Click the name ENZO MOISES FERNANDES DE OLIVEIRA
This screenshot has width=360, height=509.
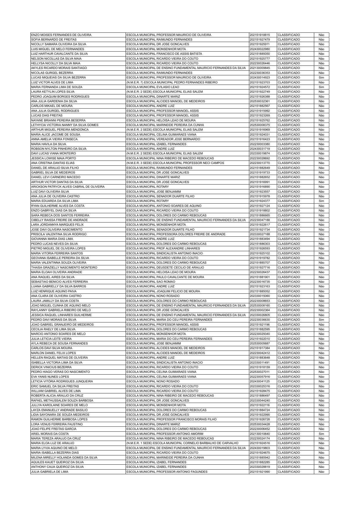(x=61, y=35)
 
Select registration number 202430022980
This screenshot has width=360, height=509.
(x=260, y=49)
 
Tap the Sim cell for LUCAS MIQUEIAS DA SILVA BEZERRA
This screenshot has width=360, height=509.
(x=321, y=78)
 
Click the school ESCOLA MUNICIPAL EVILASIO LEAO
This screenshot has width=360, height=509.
(x=153, y=87)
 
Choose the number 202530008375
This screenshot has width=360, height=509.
(x=260, y=125)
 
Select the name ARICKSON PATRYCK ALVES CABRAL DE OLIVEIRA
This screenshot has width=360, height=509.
(x=68, y=187)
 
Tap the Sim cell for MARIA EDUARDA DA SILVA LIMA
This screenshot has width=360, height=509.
(x=321, y=201)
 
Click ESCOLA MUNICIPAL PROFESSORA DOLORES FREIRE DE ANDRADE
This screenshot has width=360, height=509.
(x=176, y=234)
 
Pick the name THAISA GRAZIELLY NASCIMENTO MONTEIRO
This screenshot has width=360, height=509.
(x=64, y=267)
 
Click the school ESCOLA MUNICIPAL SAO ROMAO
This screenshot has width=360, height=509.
(x=151, y=282)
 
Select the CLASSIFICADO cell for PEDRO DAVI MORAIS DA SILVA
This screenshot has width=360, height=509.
(x=289, y=320)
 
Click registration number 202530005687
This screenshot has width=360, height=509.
(x=260, y=343)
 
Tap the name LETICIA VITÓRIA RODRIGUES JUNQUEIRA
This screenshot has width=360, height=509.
(x=62, y=381)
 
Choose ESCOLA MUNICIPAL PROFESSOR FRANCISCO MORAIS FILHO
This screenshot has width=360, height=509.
(x=172, y=419)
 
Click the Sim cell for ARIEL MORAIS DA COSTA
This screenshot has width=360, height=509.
(x=321, y=434)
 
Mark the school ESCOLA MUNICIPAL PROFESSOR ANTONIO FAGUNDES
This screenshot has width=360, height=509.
(x=167, y=472)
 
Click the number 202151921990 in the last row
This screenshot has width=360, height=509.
(x=260, y=472)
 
